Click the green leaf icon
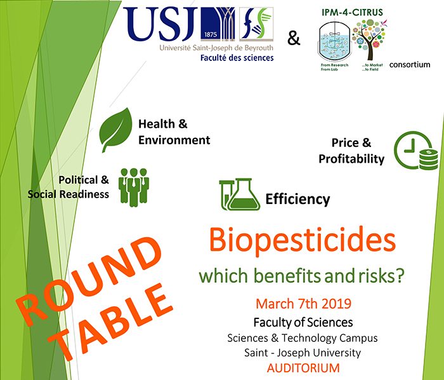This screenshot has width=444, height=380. pyautogui.click(x=115, y=130)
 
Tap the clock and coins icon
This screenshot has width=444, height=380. pyautogui.click(x=416, y=151)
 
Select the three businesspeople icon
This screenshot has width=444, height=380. pyautogui.click(x=134, y=187)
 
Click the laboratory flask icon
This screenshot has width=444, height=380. pyautogui.click(x=240, y=194)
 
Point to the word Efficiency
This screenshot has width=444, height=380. pyautogui.click(x=297, y=199)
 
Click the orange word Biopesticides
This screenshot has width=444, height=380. pyautogui.click(x=302, y=240)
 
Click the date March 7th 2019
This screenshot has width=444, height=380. pyautogui.click(x=303, y=304)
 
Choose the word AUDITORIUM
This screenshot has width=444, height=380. pyautogui.click(x=303, y=368)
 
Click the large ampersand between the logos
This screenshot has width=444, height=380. pyautogui.click(x=294, y=38)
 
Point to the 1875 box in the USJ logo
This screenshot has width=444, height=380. pyautogui.click(x=210, y=34)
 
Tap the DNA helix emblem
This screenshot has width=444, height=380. pyautogui.click(x=256, y=24)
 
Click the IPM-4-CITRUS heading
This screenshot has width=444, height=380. pyautogui.click(x=352, y=13)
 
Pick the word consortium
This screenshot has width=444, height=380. pyautogui.click(x=410, y=65)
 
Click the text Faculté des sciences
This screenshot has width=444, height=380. pyautogui.click(x=237, y=58)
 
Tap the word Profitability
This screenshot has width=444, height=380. pyautogui.click(x=351, y=159)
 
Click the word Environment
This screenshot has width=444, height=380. pyautogui.click(x=174, y=140)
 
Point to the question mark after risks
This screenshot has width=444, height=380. pyautogui.click(x=400, y=275)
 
